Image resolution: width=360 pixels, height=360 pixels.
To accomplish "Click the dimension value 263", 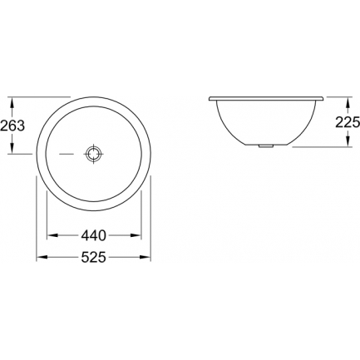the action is pos(12,126).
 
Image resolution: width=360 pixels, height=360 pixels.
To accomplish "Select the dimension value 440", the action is pos(94,235).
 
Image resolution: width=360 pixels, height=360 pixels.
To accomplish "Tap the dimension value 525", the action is pos(94,258).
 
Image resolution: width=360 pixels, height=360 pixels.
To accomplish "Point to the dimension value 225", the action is pos(348,122).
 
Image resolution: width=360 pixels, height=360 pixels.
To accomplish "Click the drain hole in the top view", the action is pos(94,154).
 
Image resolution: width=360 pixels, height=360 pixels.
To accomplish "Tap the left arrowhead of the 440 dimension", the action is pos(52,235).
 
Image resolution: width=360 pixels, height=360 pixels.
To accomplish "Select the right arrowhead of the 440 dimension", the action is pos(136,235).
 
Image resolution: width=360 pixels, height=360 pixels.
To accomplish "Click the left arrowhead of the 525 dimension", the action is pos(42,258).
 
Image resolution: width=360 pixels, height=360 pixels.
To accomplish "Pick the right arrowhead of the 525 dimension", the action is pos(145,258).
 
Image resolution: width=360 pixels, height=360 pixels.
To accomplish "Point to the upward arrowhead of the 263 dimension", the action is pos(12,103).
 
